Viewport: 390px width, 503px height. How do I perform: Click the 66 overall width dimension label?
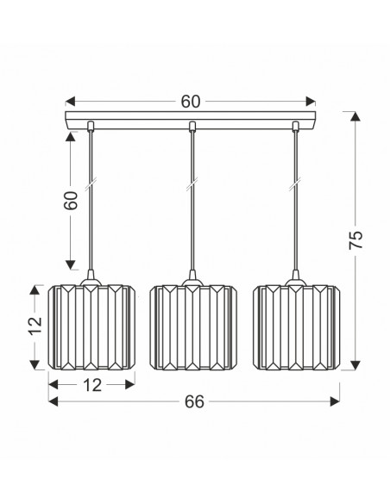pos(194,401)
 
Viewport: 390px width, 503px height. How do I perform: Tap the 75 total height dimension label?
pos(355,240)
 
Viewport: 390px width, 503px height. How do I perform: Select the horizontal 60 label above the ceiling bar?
pos(190,102)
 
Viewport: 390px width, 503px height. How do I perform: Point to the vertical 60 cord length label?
pos(71,201)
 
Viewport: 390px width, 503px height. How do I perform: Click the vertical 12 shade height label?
pos(35,326)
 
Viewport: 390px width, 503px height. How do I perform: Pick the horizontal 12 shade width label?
pos(92,385)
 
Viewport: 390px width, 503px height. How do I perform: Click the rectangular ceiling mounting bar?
pos(191,121)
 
